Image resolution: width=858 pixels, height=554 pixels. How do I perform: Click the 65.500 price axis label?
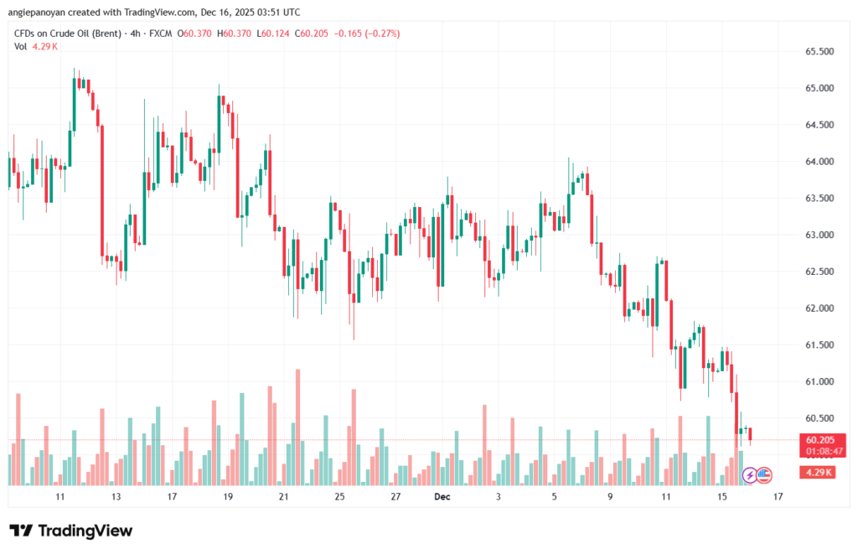click(819, 51)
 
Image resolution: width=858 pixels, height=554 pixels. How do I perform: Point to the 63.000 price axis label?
click(819, 235)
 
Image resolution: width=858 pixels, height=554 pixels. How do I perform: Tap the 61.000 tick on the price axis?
click(819, 381)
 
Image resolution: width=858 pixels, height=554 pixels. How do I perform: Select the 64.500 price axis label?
click(819, 125)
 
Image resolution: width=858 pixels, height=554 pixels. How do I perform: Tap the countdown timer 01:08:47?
click(824, 451)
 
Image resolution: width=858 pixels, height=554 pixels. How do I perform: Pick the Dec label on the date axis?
click(443, 497)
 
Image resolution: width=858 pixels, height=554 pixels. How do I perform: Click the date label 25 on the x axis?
click(339, 497)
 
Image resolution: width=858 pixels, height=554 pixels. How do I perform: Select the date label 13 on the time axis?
click(116, 497)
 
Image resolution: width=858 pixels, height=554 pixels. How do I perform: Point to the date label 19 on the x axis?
click(228, 497)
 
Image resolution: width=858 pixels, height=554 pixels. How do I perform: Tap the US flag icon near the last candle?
click(763, 475)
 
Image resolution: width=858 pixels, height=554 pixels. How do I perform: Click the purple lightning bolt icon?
click(749, 475)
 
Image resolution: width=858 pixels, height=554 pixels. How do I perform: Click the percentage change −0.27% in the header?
click(380, 34)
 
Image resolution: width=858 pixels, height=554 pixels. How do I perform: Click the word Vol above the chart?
click(21, 46)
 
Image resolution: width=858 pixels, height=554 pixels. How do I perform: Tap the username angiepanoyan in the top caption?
click(39, 13)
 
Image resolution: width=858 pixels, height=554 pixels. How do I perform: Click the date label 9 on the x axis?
click(610, 497)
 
